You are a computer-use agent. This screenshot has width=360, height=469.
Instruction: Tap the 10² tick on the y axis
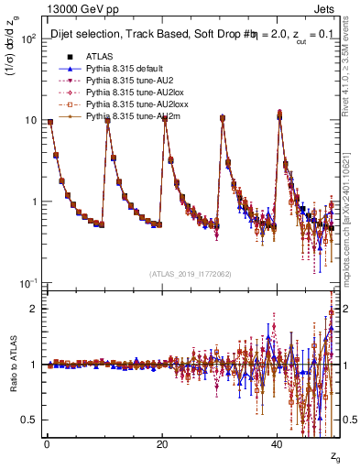(30, 40)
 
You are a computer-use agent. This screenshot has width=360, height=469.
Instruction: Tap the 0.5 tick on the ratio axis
(31, 420)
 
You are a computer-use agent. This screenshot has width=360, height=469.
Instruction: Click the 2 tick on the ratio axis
(35, 309)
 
